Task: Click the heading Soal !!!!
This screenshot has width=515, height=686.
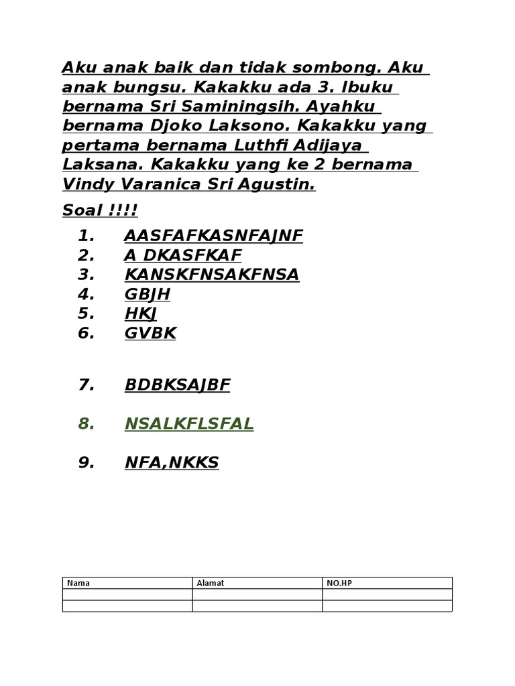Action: (100, 210)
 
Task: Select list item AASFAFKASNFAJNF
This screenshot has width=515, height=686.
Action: (213, 236)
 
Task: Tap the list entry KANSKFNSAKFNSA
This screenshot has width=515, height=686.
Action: (212, 275)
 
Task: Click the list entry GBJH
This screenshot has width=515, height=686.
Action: (148, 294)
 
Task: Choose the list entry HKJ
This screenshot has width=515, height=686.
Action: (141, 314)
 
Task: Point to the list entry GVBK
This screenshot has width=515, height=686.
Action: (150, 333)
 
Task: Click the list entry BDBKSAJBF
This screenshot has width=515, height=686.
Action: (177, 385)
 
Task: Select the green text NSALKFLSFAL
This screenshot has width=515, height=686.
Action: (189, 423)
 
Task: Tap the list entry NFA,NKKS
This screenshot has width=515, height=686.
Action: (172, 462)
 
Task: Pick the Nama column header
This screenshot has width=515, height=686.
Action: (78, 583)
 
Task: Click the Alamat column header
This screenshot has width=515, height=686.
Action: (210, 583)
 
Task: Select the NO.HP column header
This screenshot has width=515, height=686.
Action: (339, 583)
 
